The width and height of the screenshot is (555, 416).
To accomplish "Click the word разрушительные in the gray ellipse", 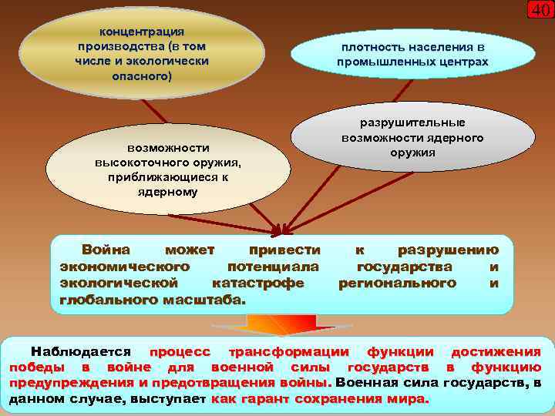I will (413, 122).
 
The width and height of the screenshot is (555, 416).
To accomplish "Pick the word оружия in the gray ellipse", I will (413, 153).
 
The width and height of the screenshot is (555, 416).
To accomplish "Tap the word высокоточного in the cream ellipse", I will (138, 162).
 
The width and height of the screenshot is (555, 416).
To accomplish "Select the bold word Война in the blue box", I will (106, 250).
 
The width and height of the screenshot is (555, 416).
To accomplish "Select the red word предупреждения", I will (67, 382).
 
